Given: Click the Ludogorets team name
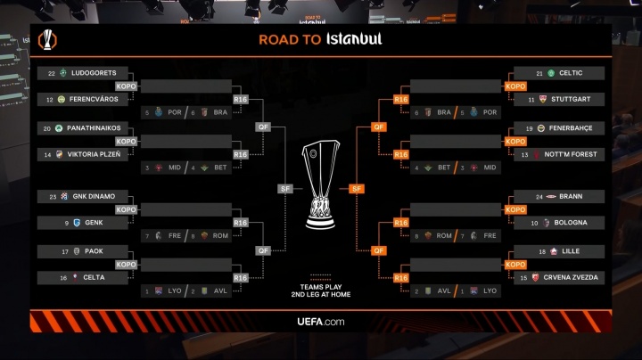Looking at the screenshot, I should pos(94,73).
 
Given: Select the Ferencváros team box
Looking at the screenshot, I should pos(94,99).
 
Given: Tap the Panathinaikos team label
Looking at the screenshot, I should pos(94,128).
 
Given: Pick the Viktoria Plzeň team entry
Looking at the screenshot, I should pos(94,154).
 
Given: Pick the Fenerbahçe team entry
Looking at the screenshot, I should pos(575,128).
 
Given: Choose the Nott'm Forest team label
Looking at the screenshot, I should pos(575,154).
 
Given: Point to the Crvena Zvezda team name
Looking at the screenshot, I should pos(575,278).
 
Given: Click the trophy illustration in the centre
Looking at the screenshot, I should pos(321,183).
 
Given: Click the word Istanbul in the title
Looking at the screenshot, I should pos(354,39).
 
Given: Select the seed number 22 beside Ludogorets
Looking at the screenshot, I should pos(52,73).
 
